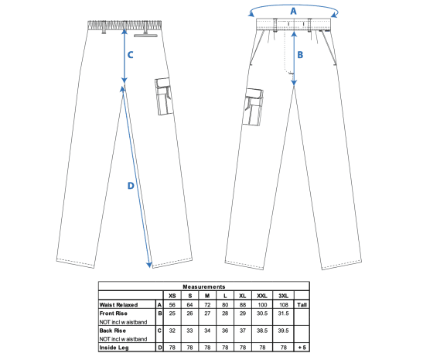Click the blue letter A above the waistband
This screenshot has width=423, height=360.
(293, 11)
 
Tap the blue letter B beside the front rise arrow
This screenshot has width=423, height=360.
(300, 55)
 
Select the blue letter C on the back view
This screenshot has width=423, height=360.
(130, 55)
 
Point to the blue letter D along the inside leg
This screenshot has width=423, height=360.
(131, 186)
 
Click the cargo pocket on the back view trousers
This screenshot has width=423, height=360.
(163, 97)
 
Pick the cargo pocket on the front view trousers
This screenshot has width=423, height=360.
(253, 107)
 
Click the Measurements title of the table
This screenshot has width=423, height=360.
(204, 286)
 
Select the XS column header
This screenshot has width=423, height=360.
(172, 296)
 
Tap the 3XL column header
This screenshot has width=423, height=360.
(283, 296)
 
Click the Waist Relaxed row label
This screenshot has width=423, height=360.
(118, 305)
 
